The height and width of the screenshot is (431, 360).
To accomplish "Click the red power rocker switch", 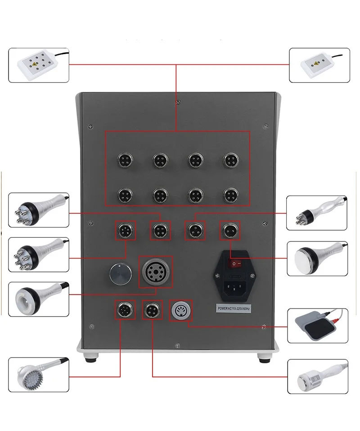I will (x=234, y=262).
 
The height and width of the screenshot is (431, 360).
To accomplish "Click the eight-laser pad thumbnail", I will (x=38, y=65).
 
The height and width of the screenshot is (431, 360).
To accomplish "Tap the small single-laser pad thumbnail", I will (x=318, y=66).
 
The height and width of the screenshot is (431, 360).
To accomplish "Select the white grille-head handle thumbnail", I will (x=317, y=376).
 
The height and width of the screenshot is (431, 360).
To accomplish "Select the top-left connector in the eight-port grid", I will (x=125, y=159).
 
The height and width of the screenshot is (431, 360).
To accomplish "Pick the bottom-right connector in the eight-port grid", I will (x=230, y=195).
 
